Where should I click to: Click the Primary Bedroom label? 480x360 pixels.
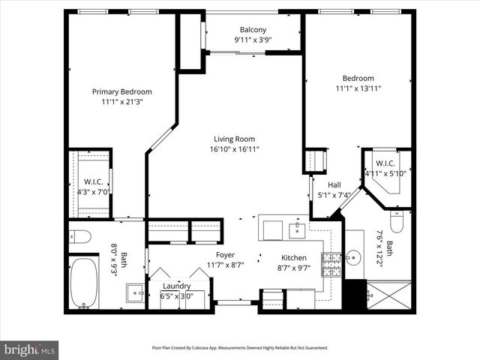pos(121,91)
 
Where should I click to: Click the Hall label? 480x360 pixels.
pos(334,184)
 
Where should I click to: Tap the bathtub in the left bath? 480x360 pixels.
pos(83,283)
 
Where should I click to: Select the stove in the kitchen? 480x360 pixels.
pos(331,262)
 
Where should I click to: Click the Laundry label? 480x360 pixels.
pos(176,286)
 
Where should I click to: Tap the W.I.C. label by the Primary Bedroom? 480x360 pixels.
pos(93,181)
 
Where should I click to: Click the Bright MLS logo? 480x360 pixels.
pos(30,349)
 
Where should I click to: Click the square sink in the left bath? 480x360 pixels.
pos(135,292)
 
